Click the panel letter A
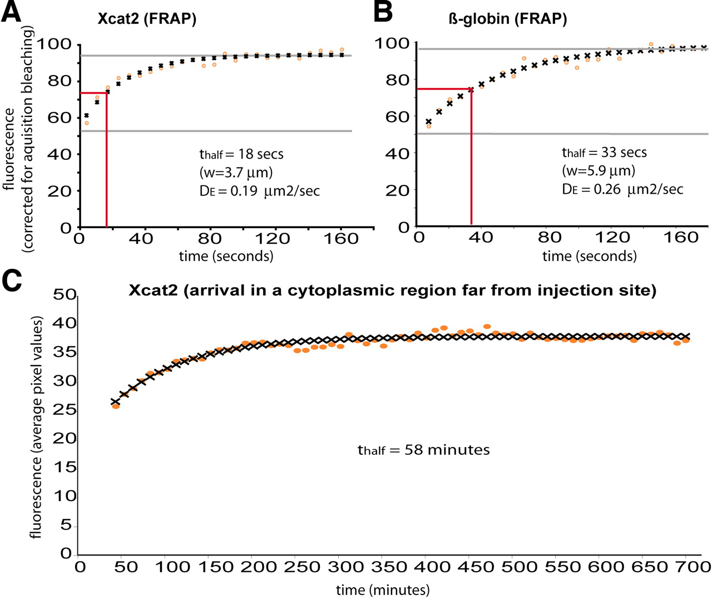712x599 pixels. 11,12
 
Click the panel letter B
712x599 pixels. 383,12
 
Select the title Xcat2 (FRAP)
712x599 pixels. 147,19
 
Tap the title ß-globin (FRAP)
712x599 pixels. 507,19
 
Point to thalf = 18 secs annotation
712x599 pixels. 241,154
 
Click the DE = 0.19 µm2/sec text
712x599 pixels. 259,191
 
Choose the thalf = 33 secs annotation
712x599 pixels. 604,153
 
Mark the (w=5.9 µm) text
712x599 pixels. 598,170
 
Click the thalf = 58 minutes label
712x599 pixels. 423,450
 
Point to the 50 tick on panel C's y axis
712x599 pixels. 65,294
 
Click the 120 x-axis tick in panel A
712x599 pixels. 272,239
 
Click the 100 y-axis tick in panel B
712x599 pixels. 393,43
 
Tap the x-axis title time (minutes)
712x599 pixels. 383,590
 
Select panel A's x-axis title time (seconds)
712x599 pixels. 226,256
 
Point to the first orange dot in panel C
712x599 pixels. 116,406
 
